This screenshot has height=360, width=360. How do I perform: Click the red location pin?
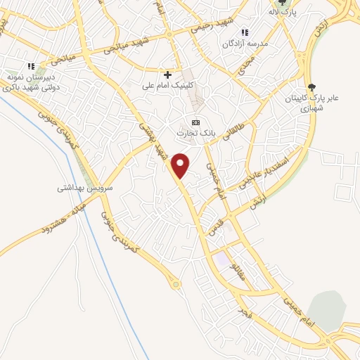click(181, 165)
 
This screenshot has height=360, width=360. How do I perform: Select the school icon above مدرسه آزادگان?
click(245, 32)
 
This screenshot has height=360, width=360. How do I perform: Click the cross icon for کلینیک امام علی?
click(167, 75)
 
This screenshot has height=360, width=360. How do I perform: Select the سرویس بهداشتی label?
click(85, 189)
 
